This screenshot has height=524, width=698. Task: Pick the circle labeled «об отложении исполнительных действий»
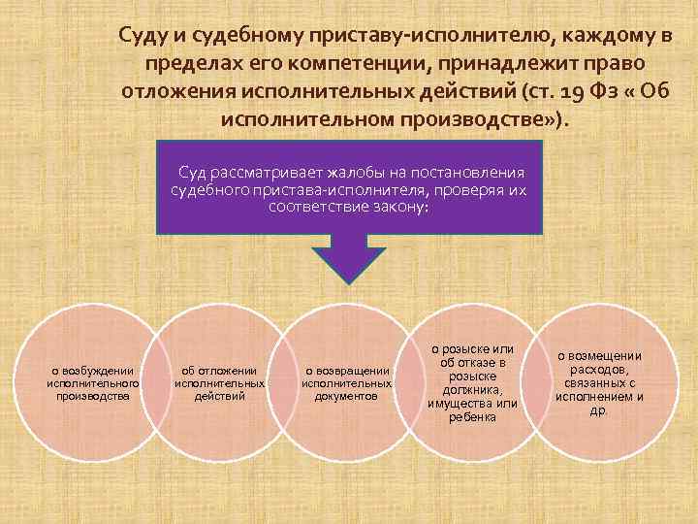pos(219,382)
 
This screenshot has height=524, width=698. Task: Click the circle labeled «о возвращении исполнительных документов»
pos(346,382)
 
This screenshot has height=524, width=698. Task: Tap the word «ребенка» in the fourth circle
pos(473,417)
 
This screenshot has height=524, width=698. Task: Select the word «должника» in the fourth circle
pos(471,389)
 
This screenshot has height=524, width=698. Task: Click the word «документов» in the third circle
pos(346,396)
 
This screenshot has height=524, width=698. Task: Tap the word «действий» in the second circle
pos(219,396)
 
